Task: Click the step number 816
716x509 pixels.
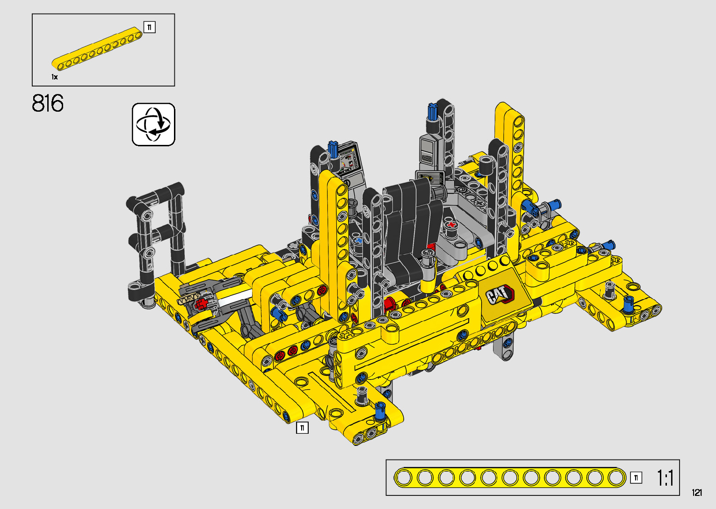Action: (x=48, y=103)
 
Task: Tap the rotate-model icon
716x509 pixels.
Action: (x=153, y=124)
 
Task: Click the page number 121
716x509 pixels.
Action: (x=697, y=492)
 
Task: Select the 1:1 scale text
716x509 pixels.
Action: (x=665, y=478)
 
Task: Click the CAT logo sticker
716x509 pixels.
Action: (x=500, y=294)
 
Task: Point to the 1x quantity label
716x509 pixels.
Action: (x=55, y=77)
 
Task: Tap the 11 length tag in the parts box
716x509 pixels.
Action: (x=149, y=27)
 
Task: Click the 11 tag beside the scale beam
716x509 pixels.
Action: (x=636, y=478)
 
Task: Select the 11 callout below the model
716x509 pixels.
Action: (x=302, y=428)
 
